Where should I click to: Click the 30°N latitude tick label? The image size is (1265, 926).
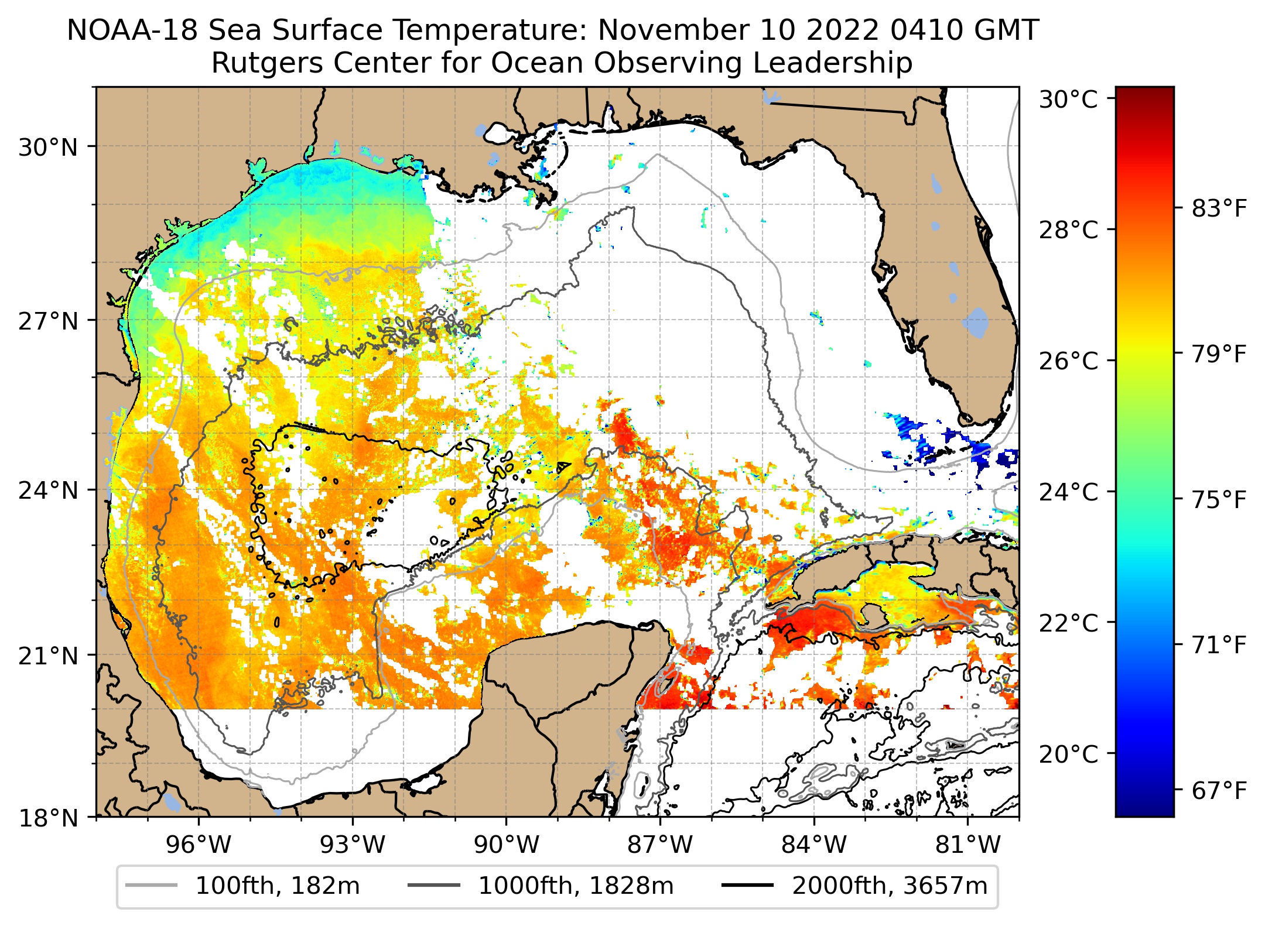(x=48, y=148)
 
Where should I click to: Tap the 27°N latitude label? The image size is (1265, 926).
(x=48, y=321)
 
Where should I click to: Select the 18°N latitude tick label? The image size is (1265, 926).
(x=48, y=818)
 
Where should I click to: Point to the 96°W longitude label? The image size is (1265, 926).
(x=199, y=845)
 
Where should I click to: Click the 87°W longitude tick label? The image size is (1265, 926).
(x=660, y=845)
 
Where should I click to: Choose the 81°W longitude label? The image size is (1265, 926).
(x=967, y=845)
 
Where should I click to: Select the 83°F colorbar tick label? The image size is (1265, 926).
(x=1219, y=208)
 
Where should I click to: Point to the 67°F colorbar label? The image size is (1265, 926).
(x=1219, y=791)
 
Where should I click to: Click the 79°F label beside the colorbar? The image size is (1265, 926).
(x=1219, y=354)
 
